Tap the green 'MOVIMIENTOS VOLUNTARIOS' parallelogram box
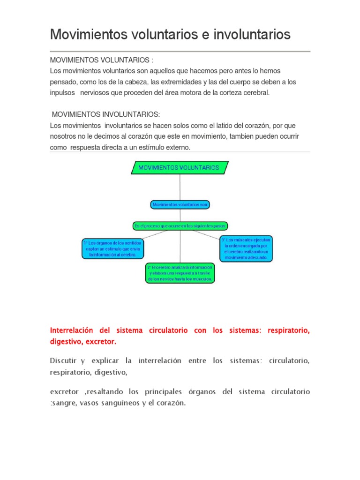click(180, 167)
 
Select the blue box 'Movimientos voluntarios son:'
click(180, 205)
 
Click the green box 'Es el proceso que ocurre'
click(180, 226)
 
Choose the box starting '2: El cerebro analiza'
click(180, 273)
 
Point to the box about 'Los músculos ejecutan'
click(246, 248)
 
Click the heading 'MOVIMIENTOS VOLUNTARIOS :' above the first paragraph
click(102, 60)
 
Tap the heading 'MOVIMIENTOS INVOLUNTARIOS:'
click(105, 114)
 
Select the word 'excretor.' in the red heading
click(103, 342)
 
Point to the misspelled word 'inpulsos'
click(62, 92)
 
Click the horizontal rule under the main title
click(180, 51)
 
